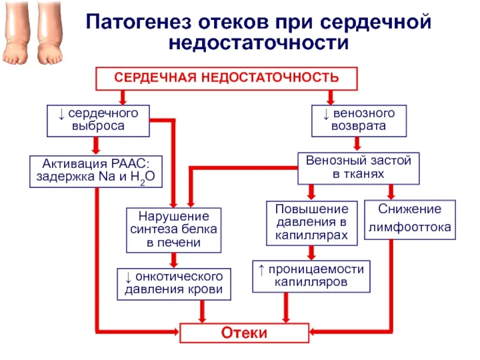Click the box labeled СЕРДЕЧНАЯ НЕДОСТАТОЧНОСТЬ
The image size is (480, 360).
[227, 79]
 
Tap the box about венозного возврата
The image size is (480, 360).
[359, 120]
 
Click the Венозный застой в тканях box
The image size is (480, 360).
[358, 167]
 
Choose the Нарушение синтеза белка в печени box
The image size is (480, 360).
[173, 230]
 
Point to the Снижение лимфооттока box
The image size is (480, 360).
[410, 219]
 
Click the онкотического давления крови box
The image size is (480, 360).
[173, 283]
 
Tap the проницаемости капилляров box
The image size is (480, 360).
[311, 276]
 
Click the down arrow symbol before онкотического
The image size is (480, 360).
[127, 277]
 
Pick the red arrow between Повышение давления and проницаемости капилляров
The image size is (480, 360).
[311, 252]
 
